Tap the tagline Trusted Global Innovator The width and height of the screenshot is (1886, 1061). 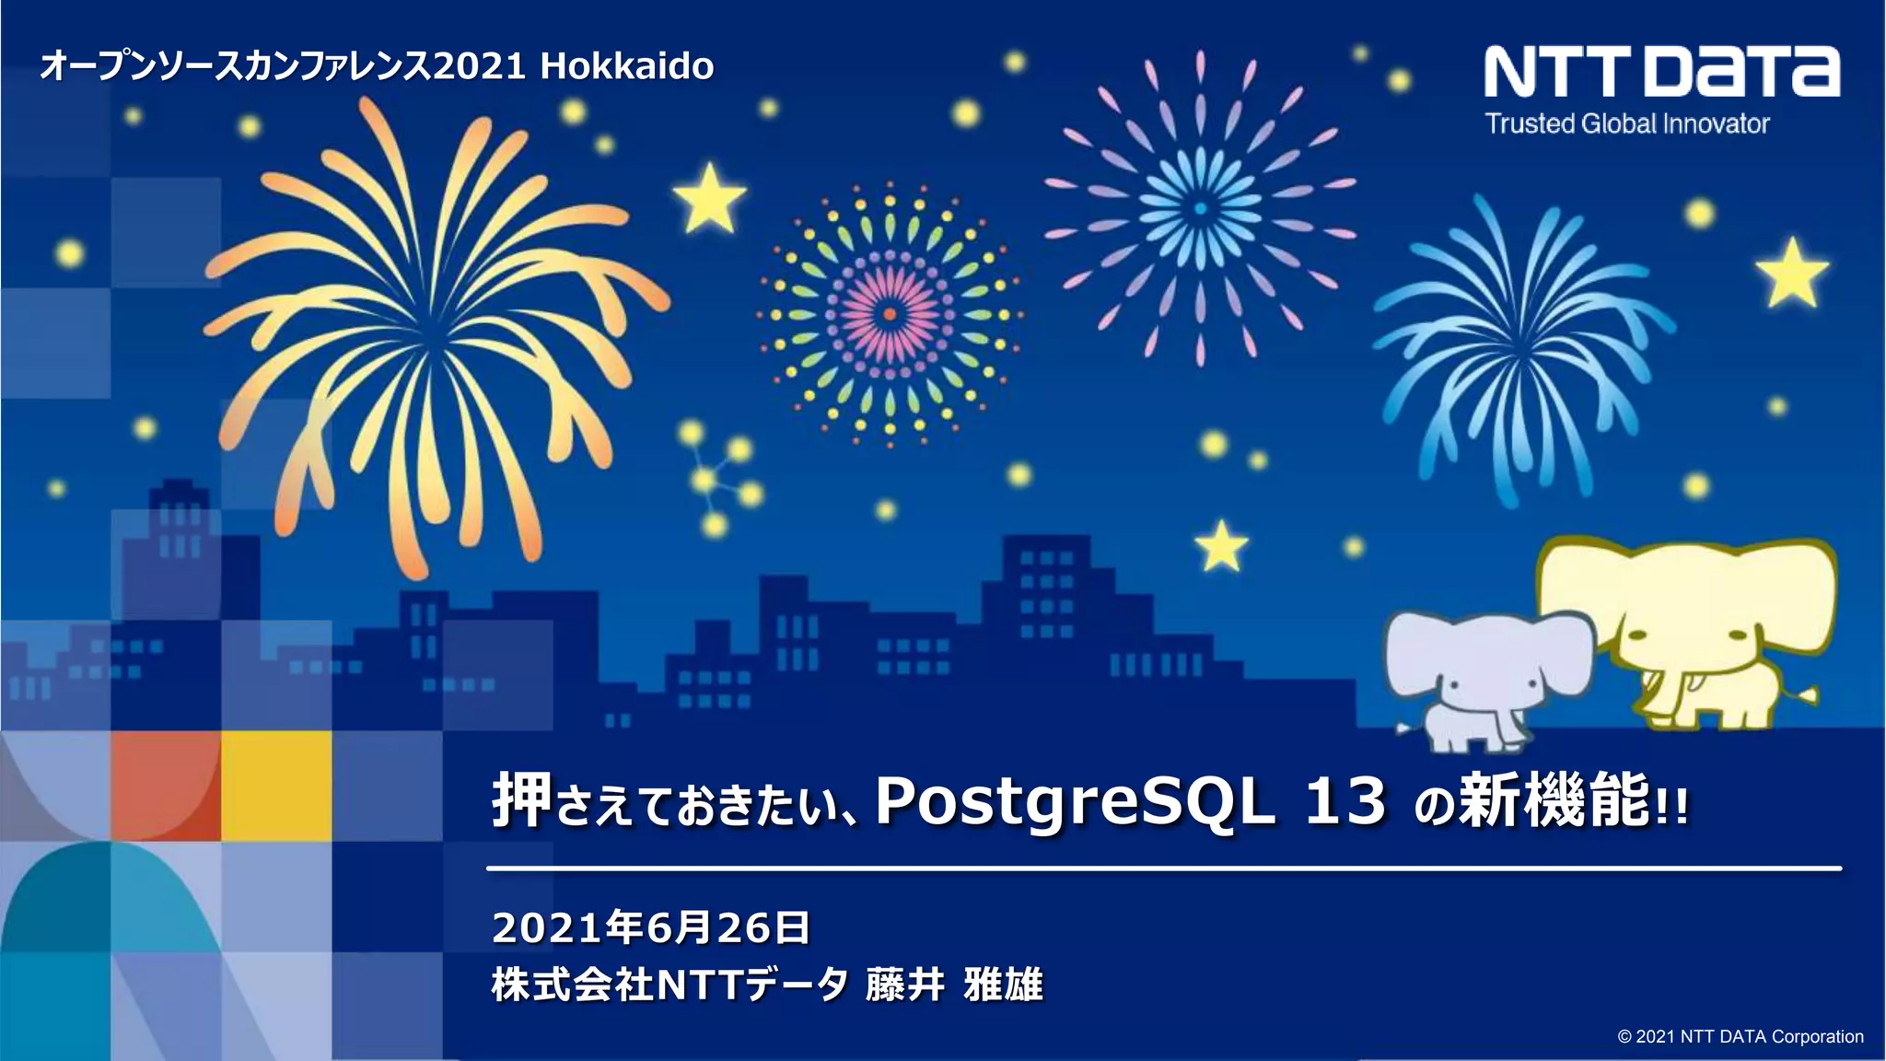tap(1627, 123)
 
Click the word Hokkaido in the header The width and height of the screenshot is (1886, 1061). tap(626, 66)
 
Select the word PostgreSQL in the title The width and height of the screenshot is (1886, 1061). tap(1075, 801)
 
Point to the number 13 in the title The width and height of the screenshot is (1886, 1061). tap(1345, 801)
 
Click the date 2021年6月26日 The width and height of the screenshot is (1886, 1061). tap(651, 927)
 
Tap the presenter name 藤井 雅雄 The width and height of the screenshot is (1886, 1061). tap(954, 985)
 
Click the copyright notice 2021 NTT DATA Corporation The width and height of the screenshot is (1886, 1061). tap(1740, 1036)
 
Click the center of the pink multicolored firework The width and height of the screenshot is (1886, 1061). tap(889, 314)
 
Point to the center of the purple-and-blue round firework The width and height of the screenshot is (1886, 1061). tap(1200, 208)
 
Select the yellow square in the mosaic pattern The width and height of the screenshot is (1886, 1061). tap(276, 786)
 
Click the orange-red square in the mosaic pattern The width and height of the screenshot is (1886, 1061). tap(166, 786)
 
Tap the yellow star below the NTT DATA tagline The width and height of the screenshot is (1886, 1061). tap(1791, 273)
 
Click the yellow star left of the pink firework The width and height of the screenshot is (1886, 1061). tap(709, 197)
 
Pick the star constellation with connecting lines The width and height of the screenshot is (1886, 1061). tap(718, 479)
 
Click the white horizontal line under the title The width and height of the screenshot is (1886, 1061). tap(1163, 868)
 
